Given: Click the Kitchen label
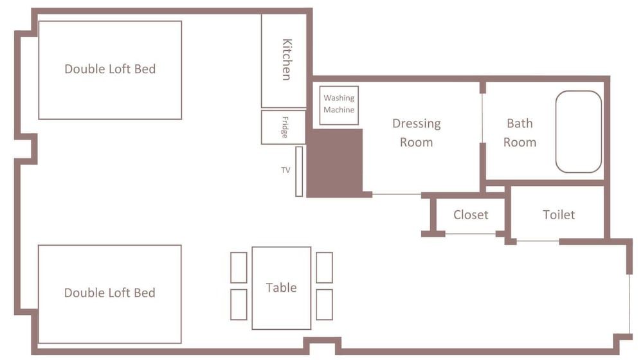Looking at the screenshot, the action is coord(287,59).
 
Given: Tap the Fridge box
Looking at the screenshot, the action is coord(284,127).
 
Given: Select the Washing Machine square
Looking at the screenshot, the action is coord(339,105).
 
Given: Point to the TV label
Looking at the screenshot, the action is coord(286,170).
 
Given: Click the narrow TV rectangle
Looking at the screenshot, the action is coord(299,172).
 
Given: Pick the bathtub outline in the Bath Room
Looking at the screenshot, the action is coord(579,132).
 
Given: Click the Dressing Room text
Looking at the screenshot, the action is coord(417,132).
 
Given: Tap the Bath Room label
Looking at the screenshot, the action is coord(520,132).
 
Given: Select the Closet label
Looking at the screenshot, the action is coord(471,215).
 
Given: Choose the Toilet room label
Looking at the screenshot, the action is coord(559,215).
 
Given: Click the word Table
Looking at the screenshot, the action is coord(282,287).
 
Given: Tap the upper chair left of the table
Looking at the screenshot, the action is coord(239,267).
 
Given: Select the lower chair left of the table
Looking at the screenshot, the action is coord(239,305).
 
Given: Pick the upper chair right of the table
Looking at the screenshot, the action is coord(324,267).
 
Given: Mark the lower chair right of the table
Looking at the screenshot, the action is coord(324,305).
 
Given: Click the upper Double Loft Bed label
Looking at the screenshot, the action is coord(111,69).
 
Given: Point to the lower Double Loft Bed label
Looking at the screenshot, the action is coord(110,292).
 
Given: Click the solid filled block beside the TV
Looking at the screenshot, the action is coord(334,163).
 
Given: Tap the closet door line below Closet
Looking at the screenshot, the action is coord(471,234).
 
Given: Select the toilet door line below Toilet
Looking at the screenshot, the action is coord(538,241).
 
